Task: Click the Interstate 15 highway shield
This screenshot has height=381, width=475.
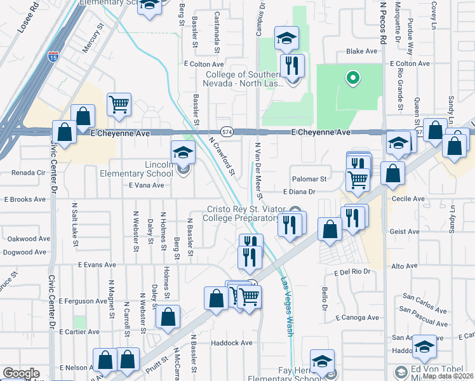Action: click(54, 57)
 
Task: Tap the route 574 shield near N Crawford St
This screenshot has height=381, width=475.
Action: click(227, 131)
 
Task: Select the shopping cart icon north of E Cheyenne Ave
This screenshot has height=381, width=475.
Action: click(119, 105)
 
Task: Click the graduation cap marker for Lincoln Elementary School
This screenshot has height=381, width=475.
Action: click(182, 153)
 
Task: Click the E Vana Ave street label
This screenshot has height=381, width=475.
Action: click(146, 185)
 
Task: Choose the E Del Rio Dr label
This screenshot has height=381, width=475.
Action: click(351, 272)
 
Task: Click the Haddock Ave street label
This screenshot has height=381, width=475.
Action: click(232, 343)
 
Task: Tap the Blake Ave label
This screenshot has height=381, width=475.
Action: click(357, 52)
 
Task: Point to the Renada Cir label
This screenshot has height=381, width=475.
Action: click(29, 172)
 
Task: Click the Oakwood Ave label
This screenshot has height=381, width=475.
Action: click(29, 239)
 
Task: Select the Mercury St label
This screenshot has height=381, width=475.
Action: click(92, 39)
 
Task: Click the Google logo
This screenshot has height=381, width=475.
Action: click(20, 373)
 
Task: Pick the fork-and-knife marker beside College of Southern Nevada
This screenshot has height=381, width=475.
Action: click(292, 65)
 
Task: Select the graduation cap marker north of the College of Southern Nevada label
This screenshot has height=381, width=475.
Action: click(286, 39)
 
